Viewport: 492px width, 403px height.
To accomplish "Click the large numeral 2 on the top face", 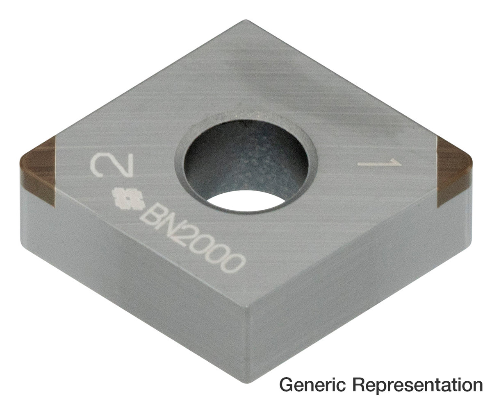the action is click(112, 165).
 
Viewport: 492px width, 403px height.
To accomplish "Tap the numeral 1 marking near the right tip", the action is click(379, 163).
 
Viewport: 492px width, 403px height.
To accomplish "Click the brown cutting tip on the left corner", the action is click(39, 171).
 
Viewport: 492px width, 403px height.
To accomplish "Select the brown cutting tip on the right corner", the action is click(454, 171).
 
